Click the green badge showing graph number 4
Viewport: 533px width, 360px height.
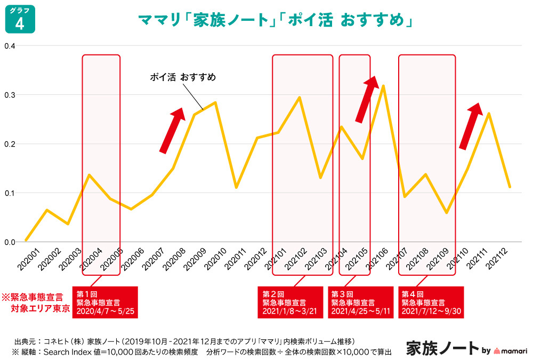[20, 20]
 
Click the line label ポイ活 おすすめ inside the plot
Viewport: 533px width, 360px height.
[183, 78]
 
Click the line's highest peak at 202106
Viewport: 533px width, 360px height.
[383, 86]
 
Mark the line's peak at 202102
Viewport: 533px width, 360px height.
[300, 98]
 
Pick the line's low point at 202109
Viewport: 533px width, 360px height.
[446, 213]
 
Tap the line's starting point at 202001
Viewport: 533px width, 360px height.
[26, 240]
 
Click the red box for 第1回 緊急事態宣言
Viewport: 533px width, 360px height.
[104, 302]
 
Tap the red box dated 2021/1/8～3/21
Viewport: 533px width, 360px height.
[290, 302]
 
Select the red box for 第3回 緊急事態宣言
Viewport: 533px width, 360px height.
[360, 302]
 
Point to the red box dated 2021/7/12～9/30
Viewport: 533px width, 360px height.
[431, 302]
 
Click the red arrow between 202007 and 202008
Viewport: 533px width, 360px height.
[172, 130]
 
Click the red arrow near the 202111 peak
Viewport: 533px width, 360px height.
[470, 126]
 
